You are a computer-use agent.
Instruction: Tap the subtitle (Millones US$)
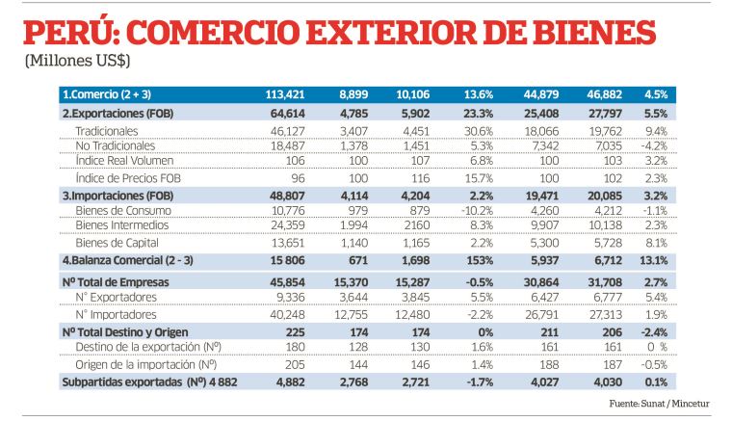point(77,61)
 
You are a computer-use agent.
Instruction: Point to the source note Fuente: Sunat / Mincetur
point(659,404)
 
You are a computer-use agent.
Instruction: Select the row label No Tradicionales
point(115,146)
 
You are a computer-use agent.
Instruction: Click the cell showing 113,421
point(285,94)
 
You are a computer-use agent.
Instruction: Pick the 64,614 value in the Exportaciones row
point(287,114)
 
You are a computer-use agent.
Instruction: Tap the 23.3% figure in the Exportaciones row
point(479,114)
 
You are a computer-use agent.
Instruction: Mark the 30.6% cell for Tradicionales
point(479,132)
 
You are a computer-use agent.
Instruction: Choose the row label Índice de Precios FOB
point(128,178)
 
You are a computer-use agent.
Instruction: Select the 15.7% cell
point(479,178)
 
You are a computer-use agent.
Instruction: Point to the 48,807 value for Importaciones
point(287,196)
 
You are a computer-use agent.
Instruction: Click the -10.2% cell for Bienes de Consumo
point(477,211)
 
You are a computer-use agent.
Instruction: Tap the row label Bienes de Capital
point(117,243)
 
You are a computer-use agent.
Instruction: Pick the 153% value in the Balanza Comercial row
point(480,260)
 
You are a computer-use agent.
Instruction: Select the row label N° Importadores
point(116,315)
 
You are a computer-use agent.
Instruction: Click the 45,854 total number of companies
point(287,282)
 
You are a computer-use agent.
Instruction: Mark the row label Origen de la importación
point(145,365)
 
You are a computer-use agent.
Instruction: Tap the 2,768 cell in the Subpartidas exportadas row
point(353,382)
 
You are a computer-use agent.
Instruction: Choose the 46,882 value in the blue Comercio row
point(605,94)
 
